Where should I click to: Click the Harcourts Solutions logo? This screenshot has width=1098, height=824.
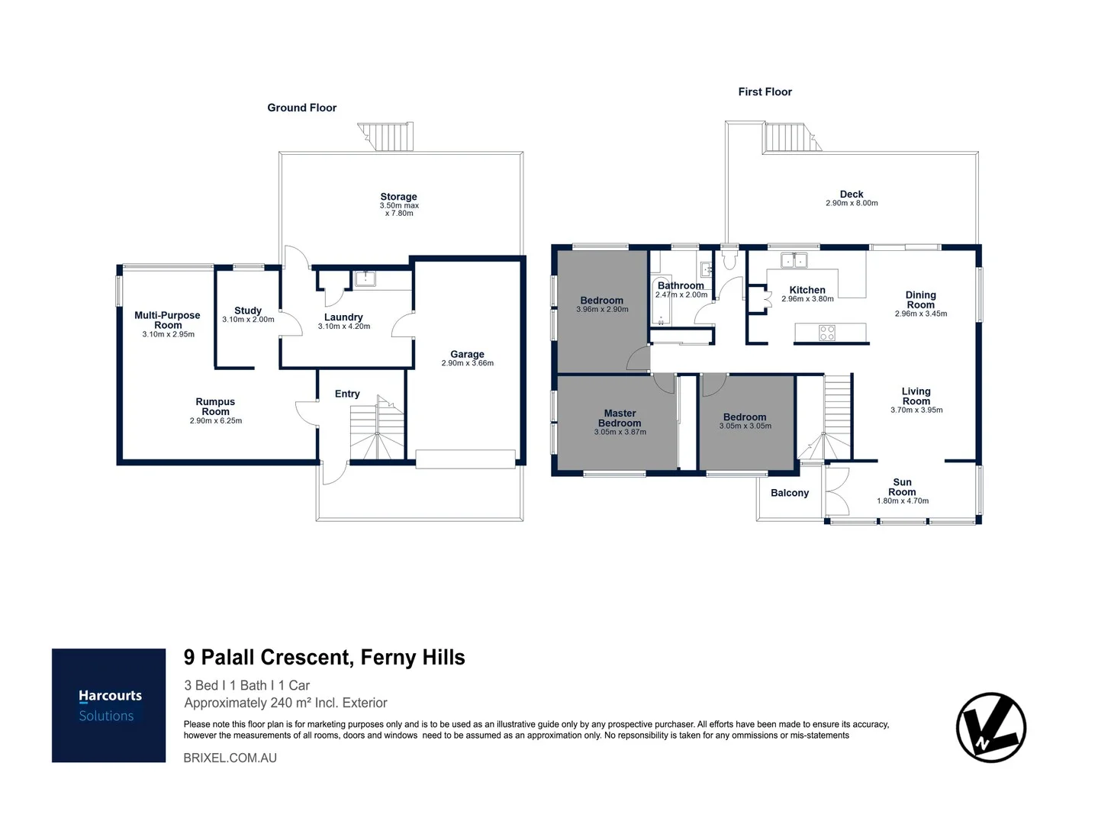pos(108,705)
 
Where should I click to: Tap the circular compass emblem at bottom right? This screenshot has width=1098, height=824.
pos(990,727)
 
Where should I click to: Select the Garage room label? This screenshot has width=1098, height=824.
pos(467,354)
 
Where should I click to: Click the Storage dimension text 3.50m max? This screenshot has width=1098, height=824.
pos(399,205)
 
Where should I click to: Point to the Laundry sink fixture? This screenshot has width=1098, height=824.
pos(365,278)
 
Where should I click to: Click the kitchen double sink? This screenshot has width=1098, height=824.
pos(793,261)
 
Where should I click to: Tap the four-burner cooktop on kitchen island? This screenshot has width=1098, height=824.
pos(827,333)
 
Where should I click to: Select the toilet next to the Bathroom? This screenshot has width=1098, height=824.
pos(729,262)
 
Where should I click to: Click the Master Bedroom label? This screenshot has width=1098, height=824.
pos(620,418)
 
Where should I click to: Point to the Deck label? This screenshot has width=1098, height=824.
pos(852,194)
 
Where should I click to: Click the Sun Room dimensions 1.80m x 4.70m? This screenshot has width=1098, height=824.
pos(903,501)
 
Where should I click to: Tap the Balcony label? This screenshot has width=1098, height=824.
pos(789,493)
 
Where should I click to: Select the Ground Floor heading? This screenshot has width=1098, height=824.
pos(301,108)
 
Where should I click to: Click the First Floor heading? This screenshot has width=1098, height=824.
pos(765,92)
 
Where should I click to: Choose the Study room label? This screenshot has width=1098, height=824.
pos(248,311)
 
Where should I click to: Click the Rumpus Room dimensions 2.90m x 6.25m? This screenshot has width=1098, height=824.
pos(216,421)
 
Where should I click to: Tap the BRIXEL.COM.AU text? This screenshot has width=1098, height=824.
pos(230,758)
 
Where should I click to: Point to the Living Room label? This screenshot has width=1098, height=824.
pos(916,396)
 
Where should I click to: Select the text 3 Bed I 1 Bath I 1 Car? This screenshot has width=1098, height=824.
pos(247,685)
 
